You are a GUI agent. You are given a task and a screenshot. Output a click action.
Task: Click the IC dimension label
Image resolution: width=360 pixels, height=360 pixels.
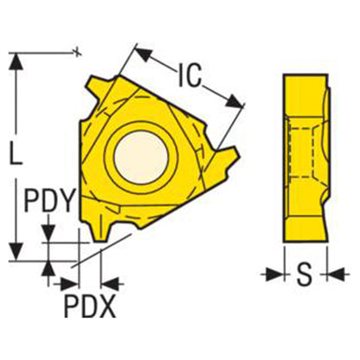[190, 75]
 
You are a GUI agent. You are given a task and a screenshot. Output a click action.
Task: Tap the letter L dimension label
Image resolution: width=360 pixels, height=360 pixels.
[16, 154]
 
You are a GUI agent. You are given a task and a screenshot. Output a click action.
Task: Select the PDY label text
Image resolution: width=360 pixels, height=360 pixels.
[49, 200]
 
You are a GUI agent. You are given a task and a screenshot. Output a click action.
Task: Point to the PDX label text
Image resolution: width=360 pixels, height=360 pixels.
[90, 305]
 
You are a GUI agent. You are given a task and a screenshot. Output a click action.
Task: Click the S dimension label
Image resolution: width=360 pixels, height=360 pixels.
[305, 273]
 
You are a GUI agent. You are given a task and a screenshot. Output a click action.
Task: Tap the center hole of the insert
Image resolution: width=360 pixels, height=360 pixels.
[141, 157]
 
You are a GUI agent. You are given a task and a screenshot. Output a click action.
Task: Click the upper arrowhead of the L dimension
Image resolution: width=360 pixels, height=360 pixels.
[16, 61]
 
